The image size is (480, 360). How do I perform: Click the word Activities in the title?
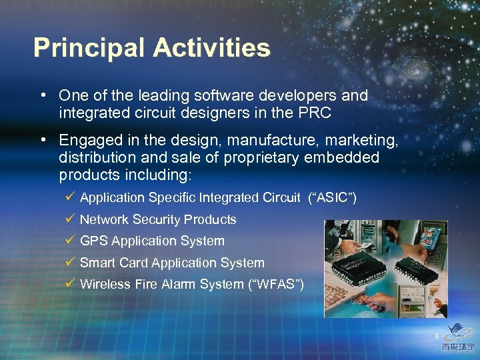point(211,48)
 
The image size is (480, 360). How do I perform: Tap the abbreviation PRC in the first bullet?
point(315,113)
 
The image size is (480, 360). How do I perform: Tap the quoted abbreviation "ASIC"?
point(333,197)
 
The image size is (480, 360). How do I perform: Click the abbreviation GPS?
point(94,241)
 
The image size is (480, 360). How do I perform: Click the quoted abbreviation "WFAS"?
point(276,284)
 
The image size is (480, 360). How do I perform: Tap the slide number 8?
point(437,335)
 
